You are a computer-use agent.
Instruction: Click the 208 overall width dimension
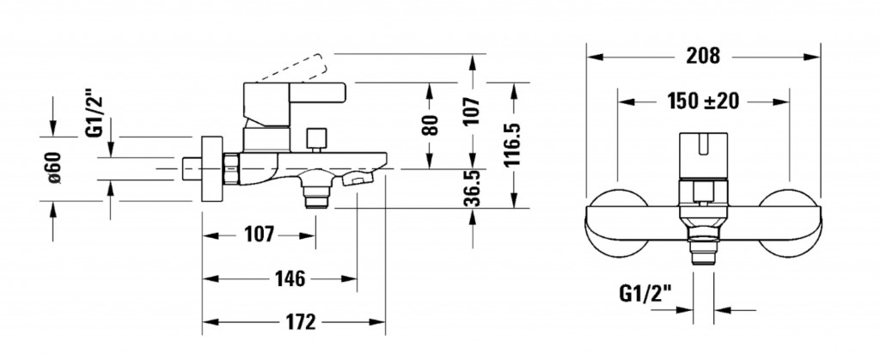(x=702, y=57)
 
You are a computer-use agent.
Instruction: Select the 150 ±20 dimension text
(x=703, y=101)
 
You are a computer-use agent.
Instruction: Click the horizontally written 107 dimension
(x=259, y=234)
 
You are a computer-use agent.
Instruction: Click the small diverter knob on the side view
(x=316, y=138)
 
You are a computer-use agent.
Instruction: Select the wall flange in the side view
(x=208, y=169)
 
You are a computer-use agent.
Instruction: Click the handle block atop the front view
(x=702, y=155)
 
